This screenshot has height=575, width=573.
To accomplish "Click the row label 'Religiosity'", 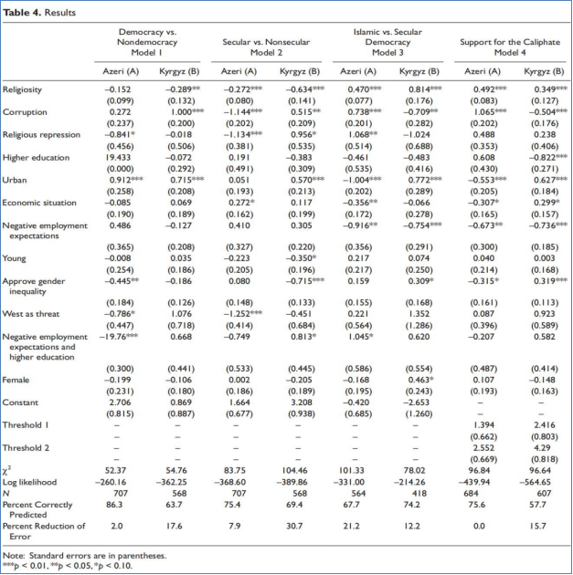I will tap(22, 89).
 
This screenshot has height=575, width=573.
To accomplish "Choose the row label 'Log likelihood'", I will tap(29, 481).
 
